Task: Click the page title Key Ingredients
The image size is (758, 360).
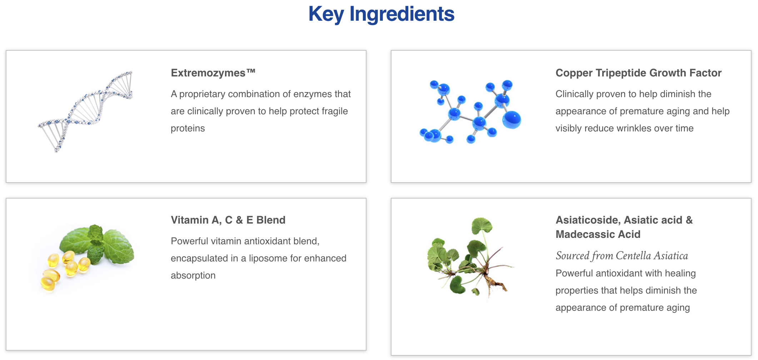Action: pyautogui.click(x=381, y=14)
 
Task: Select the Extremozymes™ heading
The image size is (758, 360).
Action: pyautogui.click(x=213, y=73)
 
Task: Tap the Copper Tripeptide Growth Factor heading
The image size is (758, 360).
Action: pyautogui.click(x=638, y=73)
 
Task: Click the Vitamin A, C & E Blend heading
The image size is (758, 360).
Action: pyautogui.click(x=228, y=220)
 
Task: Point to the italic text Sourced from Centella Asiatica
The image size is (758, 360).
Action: pyautogui.click(x=622, y=256)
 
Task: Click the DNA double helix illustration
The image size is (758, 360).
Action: pyautogui.click(x=86, y=111)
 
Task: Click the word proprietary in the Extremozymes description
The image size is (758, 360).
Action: pyautogui.click(x=202, y=94)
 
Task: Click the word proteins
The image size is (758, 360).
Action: pyautogui.click(x=188, y=129)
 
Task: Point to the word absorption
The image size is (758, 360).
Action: pyautogui.click(x=193, y=276)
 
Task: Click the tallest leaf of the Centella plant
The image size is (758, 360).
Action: pyautogui.click(x=482, y=226)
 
